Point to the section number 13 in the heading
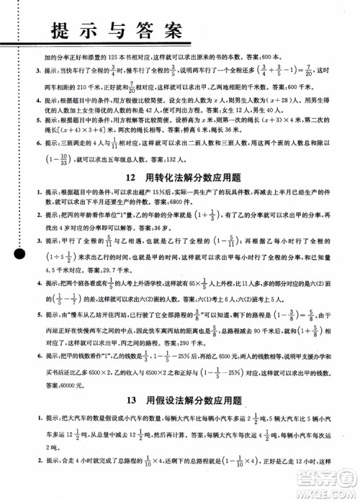click(130, 398)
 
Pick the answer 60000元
click(68, 385)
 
